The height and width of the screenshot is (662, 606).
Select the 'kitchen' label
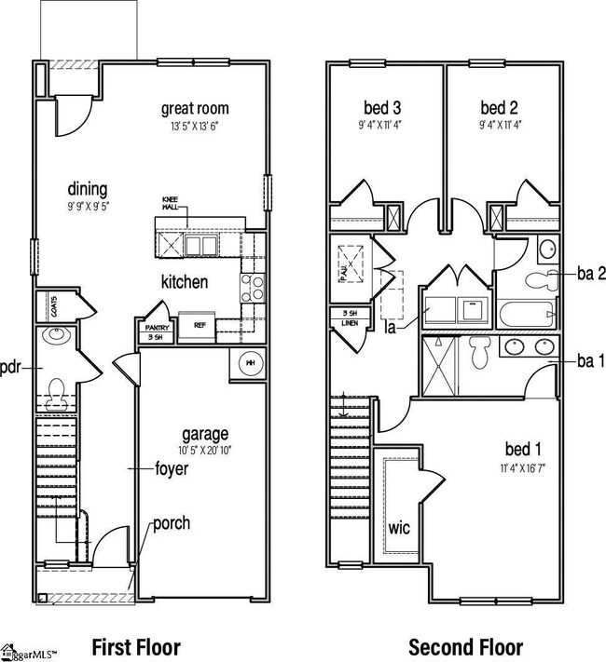[184, 281]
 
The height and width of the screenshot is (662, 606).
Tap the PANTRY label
[155, 328]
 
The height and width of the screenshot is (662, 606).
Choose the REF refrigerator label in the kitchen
[199, 326]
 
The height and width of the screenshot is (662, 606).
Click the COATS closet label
[55, 306]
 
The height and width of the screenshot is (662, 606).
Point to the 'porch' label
[172, 523]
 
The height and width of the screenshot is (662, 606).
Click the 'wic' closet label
[399, 528]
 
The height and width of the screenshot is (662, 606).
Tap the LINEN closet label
[350, 323]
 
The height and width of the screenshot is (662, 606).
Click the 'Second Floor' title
[465, 646]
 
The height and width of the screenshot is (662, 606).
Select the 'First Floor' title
[136, 646]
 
